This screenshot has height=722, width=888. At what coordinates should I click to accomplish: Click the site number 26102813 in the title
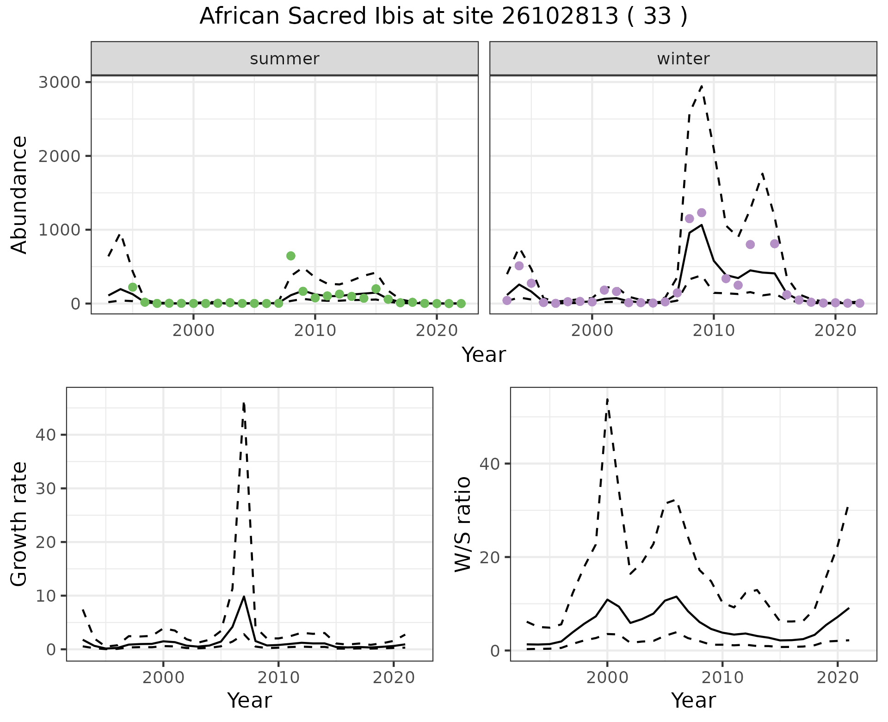560,17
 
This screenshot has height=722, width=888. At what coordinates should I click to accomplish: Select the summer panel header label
284,59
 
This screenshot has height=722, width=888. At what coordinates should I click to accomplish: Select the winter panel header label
683,59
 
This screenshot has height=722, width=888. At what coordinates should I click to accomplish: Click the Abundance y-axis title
19,194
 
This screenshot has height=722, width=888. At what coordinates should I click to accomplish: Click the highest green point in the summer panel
290,256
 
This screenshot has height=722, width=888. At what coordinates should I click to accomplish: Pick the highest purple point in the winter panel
701,213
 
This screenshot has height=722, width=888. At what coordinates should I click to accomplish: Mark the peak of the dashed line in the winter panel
702,86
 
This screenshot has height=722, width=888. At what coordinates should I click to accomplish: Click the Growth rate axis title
19,524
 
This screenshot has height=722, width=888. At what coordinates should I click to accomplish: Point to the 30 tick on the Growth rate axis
45,489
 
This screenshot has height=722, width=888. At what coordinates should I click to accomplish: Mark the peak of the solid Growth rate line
244,597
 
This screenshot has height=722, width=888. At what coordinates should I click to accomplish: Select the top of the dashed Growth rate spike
244,403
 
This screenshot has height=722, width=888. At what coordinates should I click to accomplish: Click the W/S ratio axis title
462,524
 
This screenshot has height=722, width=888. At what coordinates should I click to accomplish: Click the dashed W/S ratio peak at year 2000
607,398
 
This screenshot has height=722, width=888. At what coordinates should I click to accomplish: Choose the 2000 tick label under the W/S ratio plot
607,678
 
